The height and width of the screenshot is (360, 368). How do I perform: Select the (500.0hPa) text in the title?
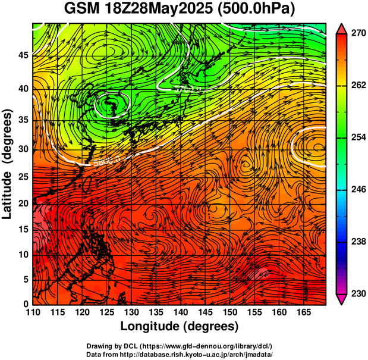click(x=259, y=10)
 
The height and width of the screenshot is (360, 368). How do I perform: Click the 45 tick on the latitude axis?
click(x=23, y=55)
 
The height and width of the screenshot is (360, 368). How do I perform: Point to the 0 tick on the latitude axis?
click(x=26, y=304)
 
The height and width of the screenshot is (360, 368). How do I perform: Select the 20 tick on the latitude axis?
click(x=23, y=203)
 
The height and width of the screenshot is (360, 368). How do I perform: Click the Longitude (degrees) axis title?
click(x=180, y=326)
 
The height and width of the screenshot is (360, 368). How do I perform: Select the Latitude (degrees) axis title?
click(x=8, y=164)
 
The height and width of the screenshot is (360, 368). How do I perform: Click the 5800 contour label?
click(x=102, y=159)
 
